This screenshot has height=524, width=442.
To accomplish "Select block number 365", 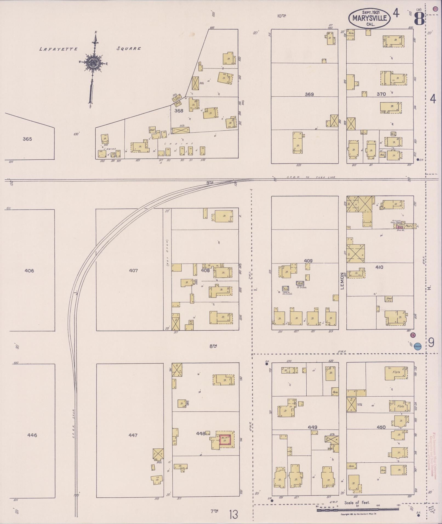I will point(27,139).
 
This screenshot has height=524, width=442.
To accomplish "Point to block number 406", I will point(29,271).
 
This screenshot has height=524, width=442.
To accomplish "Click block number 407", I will point(133,270).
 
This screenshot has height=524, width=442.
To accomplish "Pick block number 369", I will point(309,94).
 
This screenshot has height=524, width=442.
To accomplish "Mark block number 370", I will point(381,94).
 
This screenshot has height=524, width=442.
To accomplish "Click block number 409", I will point(308,261).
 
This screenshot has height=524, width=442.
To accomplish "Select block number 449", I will point(312,427).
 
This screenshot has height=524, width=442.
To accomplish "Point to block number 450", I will point(381,427).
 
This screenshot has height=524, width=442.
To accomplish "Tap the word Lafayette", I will point(58,49).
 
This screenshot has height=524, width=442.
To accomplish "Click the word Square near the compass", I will point(129,48).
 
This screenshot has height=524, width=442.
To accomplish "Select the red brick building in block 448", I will point(225,440).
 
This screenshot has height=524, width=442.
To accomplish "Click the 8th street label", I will point(213,346).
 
